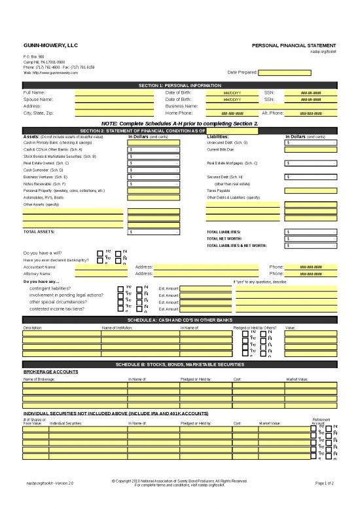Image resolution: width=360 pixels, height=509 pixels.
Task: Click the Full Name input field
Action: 109,93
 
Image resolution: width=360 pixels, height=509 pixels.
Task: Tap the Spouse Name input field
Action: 109,100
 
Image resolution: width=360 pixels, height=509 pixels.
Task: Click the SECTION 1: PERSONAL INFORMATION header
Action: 180,86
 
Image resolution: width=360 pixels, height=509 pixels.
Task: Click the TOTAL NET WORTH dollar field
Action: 311,239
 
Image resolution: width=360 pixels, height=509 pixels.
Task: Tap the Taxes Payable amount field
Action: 311,190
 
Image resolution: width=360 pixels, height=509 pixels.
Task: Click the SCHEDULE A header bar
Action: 180,320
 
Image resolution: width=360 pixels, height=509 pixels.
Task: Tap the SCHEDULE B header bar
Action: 180,364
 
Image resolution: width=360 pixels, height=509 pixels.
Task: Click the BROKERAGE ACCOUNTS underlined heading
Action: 51,371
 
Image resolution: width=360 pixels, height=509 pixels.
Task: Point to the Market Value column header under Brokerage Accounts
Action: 297,379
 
